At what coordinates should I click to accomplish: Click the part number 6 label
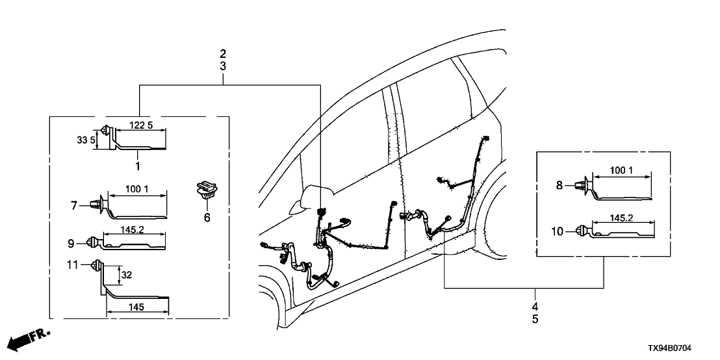point(207,217)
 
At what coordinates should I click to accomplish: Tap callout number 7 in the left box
point(75,205)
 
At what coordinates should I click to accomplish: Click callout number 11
point(73,265)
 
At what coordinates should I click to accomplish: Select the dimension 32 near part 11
point(127,274)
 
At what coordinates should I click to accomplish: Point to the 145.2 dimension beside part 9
point(133,229)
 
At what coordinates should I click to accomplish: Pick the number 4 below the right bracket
point(535,307)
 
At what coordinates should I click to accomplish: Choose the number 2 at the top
point(223,53)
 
